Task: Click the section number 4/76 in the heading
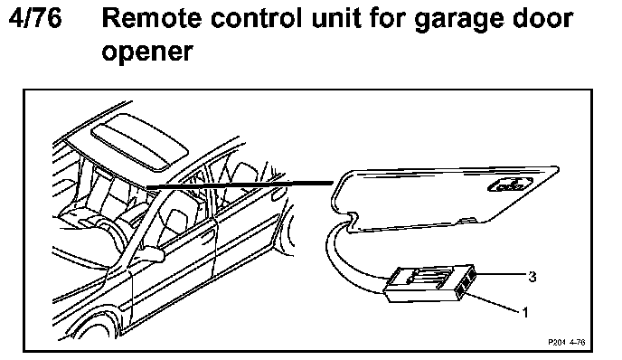[35, 18]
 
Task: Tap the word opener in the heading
[147, 52]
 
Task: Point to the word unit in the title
[335, 18]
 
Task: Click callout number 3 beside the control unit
[532, 276]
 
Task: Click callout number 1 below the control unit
[525, 312]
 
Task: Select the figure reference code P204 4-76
[567, 342]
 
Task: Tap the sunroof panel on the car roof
[139, 141]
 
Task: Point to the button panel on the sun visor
[510, 185]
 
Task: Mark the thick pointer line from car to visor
[240, 185]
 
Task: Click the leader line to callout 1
[493, 302]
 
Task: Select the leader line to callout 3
[501, 274]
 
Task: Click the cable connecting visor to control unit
[349, 261]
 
